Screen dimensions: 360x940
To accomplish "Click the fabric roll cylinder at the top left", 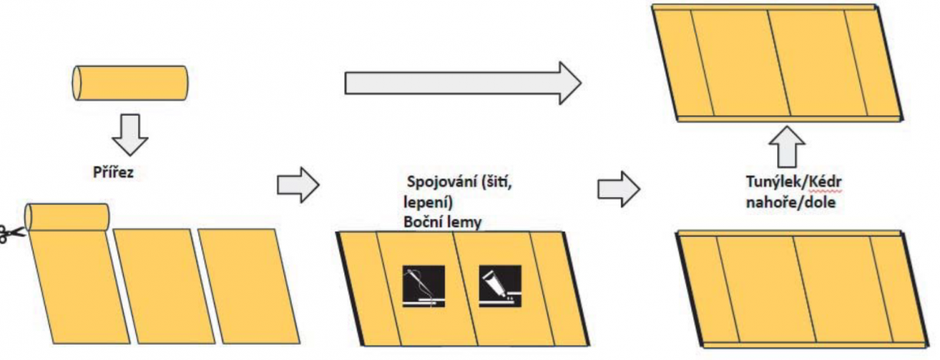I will pos(131,82).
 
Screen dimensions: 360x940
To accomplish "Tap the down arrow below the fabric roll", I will pos(129,134).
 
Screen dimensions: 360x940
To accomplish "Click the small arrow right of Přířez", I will pos(296,185).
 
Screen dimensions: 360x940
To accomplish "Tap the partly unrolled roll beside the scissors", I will pos(67,216).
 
